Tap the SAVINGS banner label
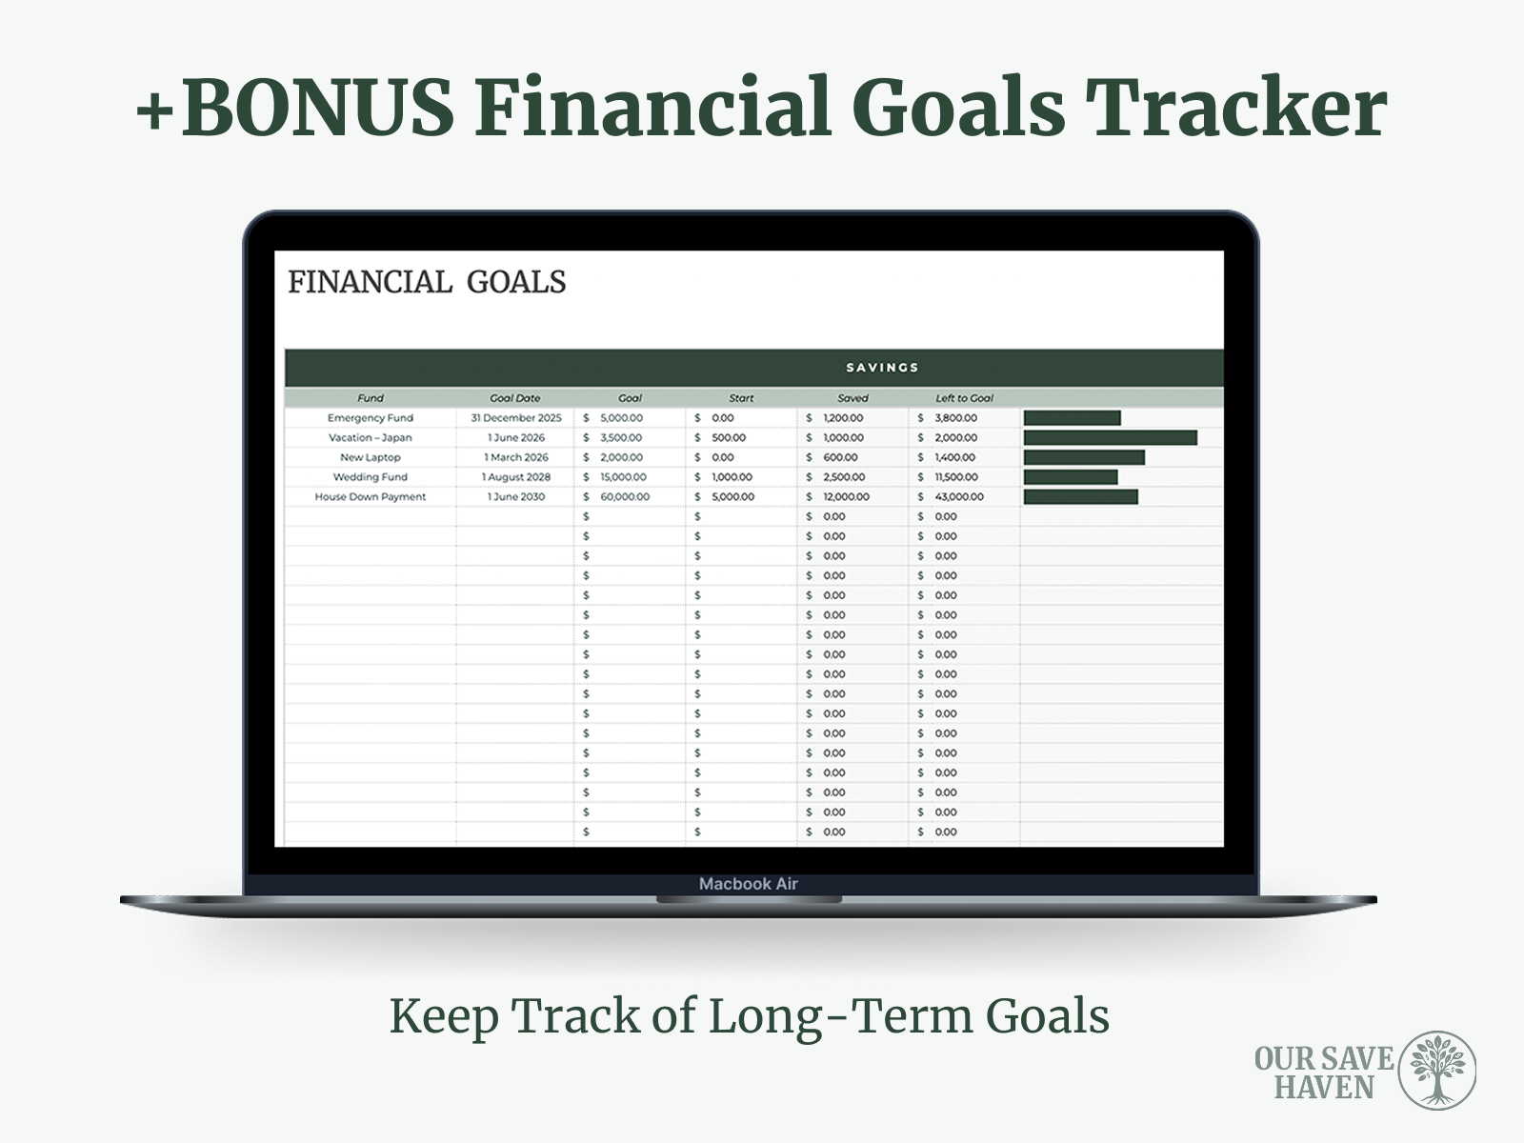[x=882, y=368]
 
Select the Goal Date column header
[x=515, y=398]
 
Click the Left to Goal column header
[x=964, y=398]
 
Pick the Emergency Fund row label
[x=371, y=418]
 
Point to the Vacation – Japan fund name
[x=371, y=438]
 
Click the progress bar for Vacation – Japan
[x=1111, y=438]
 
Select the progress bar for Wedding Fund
[x=1071, y=477]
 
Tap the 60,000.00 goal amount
[x=625, y=497]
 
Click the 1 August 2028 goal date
[x=516, y=477]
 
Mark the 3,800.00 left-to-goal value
[x=955, y=418]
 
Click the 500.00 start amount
[x=729, y=438]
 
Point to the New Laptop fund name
[x=371, y=457]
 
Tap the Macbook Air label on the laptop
[x=748, y=884]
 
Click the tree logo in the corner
[x=1436, y=1070]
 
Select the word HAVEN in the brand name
[x=1324, y=1088]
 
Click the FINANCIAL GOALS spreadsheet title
[x=427, y=283]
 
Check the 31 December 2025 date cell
[x=516, y=418]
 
